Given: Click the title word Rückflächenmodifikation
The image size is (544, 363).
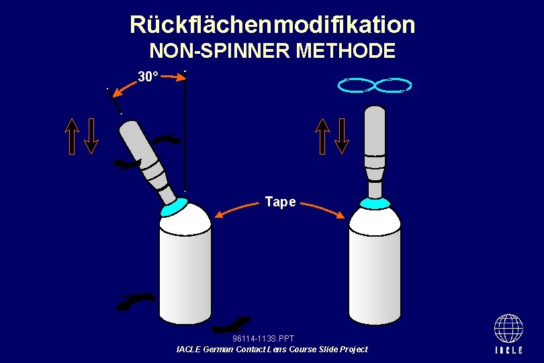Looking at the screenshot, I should coord(272,25).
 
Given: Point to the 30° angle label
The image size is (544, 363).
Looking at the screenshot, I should coord(148,77).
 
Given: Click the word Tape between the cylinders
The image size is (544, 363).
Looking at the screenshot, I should coord(280,202).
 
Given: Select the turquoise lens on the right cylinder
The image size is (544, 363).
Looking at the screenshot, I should coord(375,202).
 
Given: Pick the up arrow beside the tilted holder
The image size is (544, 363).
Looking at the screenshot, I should coord(73,136).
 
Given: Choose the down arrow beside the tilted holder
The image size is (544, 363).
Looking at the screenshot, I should coord(92,136).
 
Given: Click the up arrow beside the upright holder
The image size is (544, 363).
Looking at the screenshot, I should coord(323,136).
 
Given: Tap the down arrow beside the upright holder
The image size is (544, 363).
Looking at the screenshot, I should coord(343,136).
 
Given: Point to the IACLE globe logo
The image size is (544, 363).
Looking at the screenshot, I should coord(508,329).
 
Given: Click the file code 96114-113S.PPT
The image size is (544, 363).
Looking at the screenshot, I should coord(263,338).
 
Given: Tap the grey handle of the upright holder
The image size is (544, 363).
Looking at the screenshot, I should coord(374,131).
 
